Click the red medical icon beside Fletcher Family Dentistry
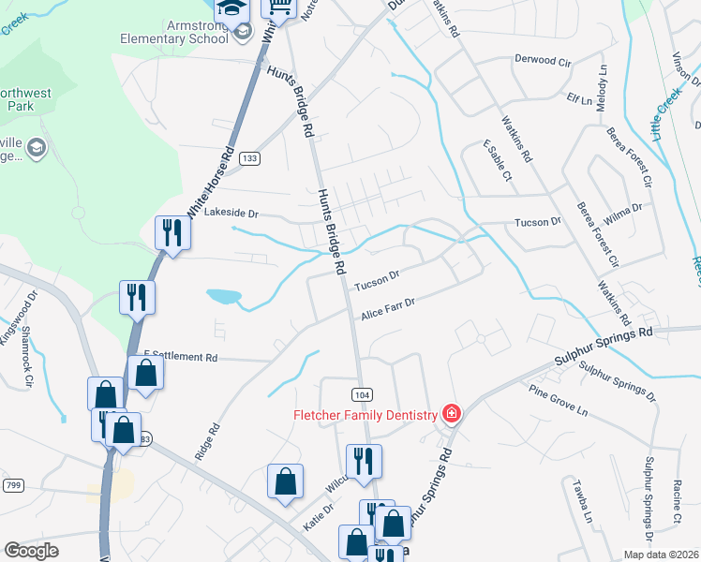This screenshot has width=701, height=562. pos(451,413)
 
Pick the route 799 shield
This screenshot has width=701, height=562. pos(13,484)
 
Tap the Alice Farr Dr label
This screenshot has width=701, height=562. pos(388,309)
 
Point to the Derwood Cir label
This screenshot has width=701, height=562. pos(543,59)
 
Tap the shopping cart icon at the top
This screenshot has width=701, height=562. pos(279,8)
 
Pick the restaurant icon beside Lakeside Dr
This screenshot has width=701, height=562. pos(172,232)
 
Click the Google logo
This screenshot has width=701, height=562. pos(32,551)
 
